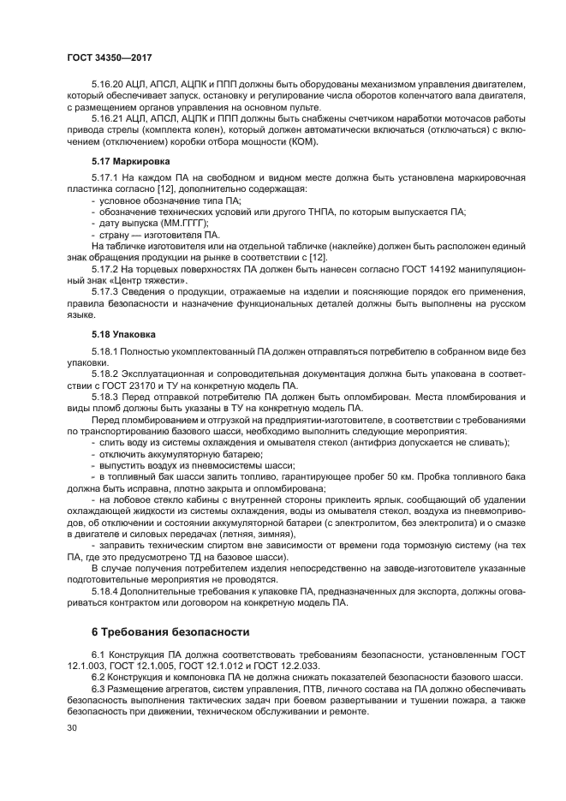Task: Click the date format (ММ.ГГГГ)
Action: click(179, 223)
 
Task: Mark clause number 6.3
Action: click(97, 689)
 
